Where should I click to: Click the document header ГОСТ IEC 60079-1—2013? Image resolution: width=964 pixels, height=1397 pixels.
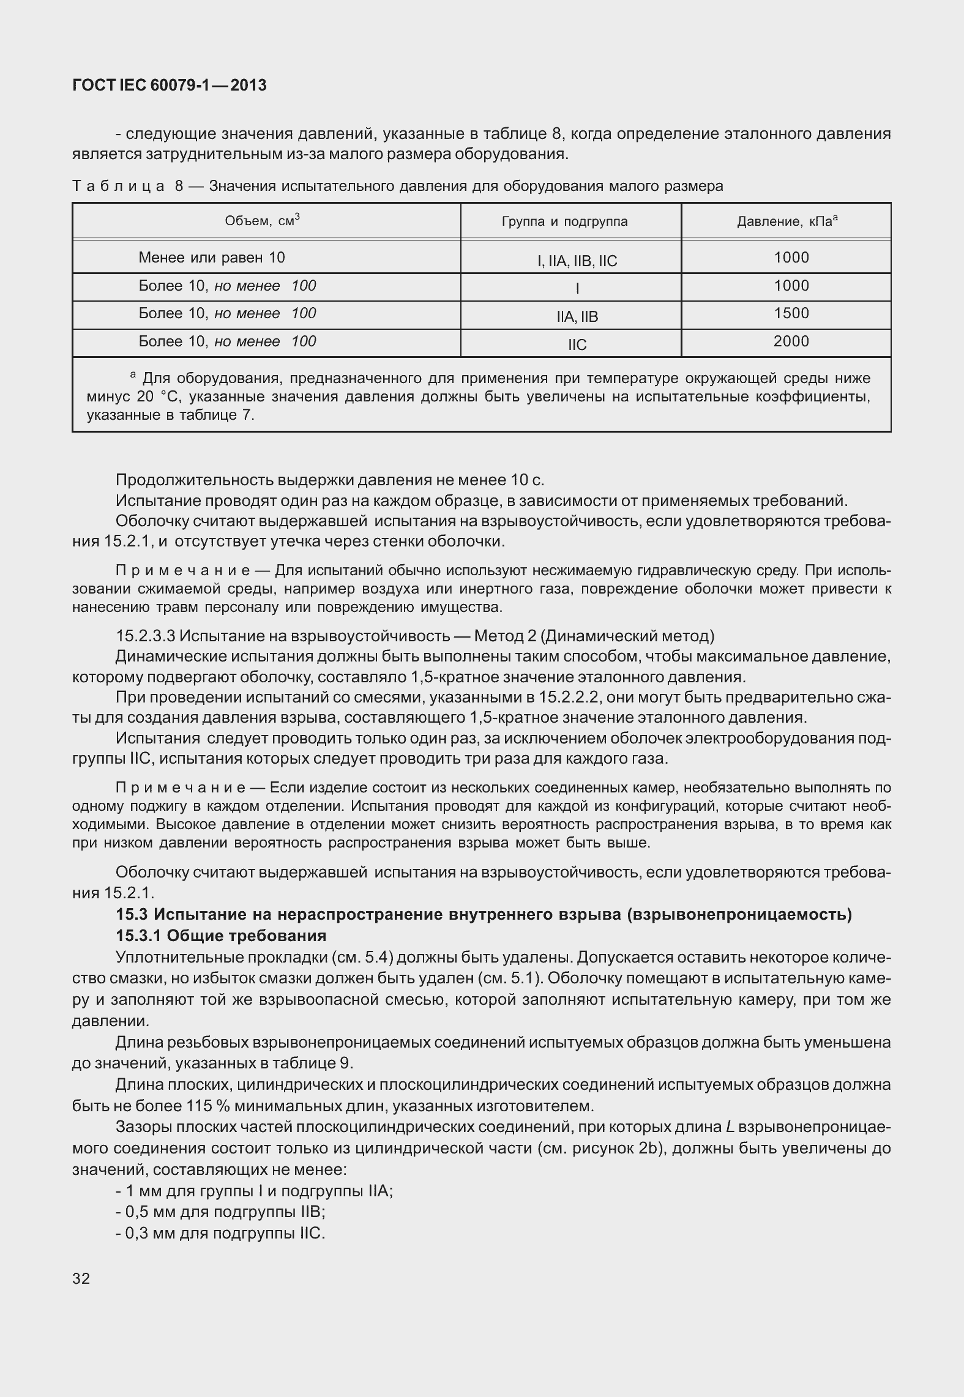[169, 86]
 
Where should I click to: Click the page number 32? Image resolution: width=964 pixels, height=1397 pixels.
[81, 1278]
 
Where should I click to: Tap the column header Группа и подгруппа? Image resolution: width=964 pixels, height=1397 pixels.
[564, 222]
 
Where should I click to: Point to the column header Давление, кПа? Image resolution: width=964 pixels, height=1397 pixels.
[787, 222]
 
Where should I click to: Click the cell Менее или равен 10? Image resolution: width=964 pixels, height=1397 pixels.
[212, 258]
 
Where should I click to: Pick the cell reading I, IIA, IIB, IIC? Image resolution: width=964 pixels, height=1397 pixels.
[577, 262]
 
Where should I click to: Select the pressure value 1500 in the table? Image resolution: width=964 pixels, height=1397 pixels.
[791, 313]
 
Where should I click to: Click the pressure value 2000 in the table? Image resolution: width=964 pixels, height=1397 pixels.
[791, 341]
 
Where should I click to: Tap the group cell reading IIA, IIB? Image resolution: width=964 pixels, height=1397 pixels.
[577, 317]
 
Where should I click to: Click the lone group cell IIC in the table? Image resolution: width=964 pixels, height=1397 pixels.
[577, 345]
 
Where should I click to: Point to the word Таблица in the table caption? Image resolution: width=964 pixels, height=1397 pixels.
[118, 186]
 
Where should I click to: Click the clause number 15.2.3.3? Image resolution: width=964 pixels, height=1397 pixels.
[144, 636]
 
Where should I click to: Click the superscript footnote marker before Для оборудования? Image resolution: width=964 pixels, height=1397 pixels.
[133, 374]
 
